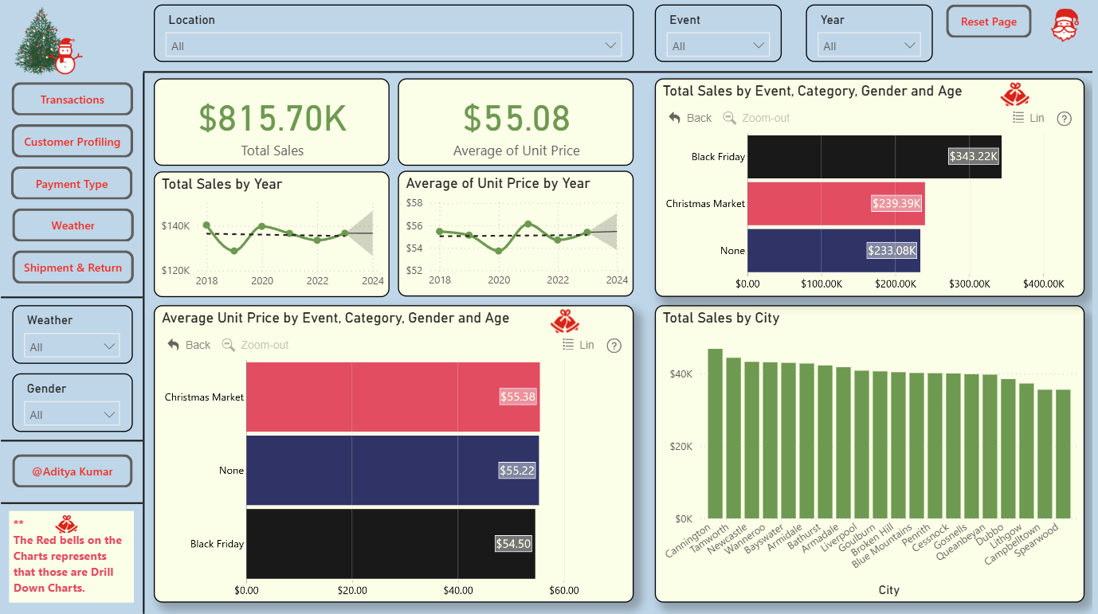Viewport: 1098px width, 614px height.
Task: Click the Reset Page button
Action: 988,22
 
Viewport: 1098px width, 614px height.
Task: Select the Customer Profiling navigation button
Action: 72,142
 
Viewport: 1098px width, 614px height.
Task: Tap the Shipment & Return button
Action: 73,268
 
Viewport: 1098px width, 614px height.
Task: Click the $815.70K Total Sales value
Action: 272,119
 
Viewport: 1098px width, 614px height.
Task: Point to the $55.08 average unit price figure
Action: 516,119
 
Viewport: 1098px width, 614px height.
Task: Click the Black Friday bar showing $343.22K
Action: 874,157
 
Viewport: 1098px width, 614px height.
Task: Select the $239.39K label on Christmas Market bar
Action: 896,203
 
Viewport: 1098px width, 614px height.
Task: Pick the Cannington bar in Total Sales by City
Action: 716,434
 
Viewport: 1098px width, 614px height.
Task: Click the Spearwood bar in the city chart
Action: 1063,454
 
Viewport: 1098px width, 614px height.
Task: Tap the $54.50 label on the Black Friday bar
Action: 513,543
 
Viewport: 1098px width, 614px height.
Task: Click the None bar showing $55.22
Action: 393,471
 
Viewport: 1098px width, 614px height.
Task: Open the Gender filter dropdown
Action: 72,415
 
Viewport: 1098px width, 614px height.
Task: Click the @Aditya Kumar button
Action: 73,471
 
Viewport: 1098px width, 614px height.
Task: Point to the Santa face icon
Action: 1065,25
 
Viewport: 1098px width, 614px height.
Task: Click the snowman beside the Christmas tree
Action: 65,57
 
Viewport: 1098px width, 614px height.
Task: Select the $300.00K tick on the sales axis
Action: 969,284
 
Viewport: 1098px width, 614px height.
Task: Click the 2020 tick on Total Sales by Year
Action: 262,281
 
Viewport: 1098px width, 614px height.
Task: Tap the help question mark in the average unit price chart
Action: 614,346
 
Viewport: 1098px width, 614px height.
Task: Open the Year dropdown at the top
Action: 869,45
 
